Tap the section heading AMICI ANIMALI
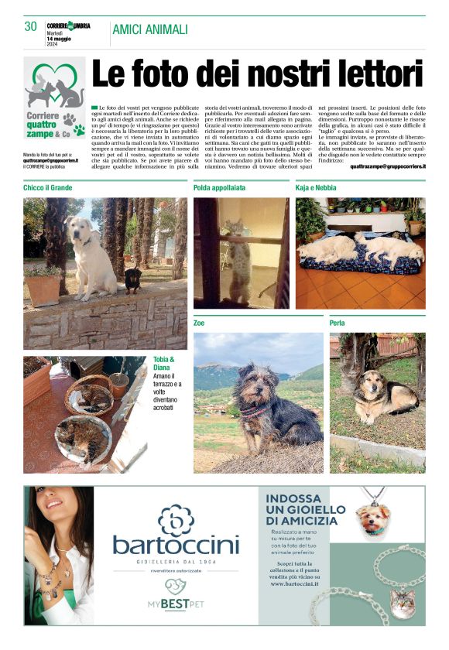pos(150,29)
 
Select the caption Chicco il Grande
pos(48,188)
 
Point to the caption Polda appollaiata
pos(220,188)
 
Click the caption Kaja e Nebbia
pos(315,188)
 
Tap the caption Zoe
pos(200,323)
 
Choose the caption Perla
pos(338,323)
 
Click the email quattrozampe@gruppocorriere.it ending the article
pos(387,166)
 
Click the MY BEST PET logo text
pos(177,603)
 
